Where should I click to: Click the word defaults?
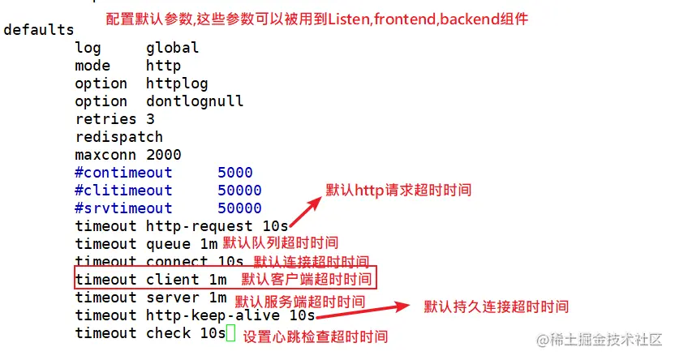tap(38, 30)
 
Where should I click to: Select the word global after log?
tap(172, 48)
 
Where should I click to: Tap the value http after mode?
tap(163, 66)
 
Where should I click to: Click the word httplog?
tap(177, 84)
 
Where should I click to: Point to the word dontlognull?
tap(195, 101)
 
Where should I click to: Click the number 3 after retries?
tap(150, 119)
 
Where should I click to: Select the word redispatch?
tap(119, 137)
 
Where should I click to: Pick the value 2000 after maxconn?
tap(163, 155)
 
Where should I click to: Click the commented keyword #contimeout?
tap(123, 173)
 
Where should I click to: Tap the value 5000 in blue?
tap(234, 173)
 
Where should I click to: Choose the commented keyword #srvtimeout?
tap(123, 208)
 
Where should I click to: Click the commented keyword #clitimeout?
tap(123, 191)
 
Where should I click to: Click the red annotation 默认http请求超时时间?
tap(398, 191)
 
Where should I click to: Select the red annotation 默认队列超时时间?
tap(280, 242)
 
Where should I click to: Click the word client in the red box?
tap(172, 280)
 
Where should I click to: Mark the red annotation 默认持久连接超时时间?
tap(496, 307)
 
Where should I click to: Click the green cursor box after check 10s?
tap(230, 333)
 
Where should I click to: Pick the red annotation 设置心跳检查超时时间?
tap(316, 336)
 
